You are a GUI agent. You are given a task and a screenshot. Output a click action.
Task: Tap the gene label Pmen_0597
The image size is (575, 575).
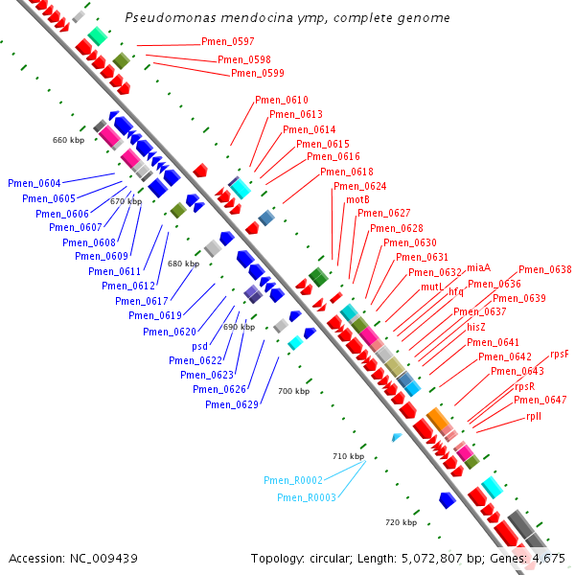(x=228, y=41)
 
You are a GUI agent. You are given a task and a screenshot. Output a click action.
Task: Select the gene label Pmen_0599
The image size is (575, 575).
(x=258, y=73)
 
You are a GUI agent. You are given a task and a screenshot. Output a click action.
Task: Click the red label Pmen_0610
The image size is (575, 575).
(x=282, y=101)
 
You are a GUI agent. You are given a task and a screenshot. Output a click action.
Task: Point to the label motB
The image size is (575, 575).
(x=357, y=199)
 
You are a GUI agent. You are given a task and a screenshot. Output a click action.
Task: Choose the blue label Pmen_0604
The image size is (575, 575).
(x=34, y=183)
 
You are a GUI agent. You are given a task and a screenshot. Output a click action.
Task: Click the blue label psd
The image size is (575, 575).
(x=199, y=346)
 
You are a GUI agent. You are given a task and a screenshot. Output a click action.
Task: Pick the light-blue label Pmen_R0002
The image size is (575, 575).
(x=293, y=480)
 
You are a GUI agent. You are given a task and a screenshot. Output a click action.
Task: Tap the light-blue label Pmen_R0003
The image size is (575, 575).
(x=307, y=497)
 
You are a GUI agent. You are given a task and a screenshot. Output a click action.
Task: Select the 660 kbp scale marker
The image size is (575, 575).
(x=69, y=140)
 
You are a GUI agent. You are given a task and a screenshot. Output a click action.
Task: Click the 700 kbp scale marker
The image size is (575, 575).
(x=294, y=391)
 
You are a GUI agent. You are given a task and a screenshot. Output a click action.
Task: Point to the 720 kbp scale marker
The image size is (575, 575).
(x=401, y=522)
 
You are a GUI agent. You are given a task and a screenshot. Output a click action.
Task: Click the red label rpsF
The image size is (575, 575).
(x=560, y=354)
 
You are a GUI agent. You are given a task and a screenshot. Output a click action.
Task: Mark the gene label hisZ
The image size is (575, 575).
(x=476, y=327)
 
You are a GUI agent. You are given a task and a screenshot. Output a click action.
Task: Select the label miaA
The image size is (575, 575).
(x=479, y=267)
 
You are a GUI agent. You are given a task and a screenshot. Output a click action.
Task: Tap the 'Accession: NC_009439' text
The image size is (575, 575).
(x=73, y=558)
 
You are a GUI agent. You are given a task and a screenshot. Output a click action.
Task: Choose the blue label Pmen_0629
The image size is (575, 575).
(x=232, y=403)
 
